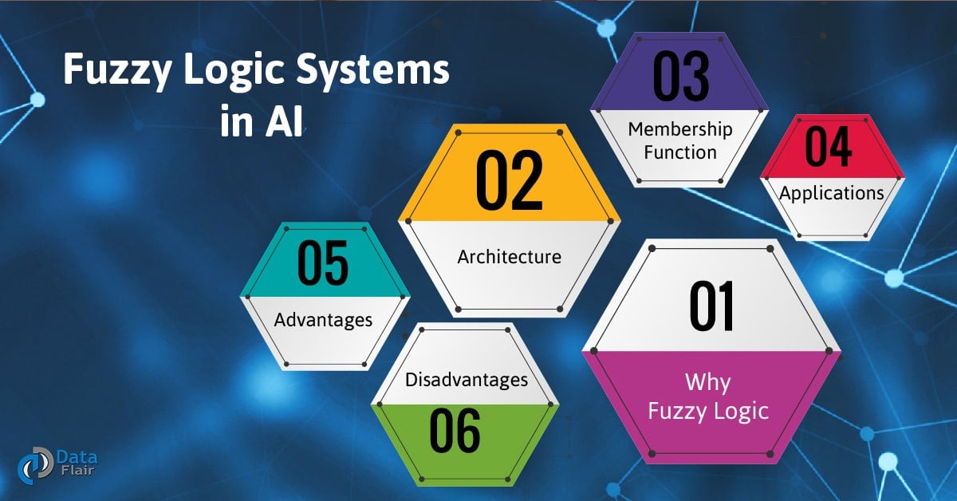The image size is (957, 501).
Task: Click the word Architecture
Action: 509,257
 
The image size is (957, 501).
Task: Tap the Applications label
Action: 831,193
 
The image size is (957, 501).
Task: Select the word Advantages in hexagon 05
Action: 323,320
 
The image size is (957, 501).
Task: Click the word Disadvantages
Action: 467,380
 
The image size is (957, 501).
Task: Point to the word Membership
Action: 680,128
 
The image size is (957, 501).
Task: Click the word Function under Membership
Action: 680,152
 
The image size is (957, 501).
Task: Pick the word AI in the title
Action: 285,124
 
